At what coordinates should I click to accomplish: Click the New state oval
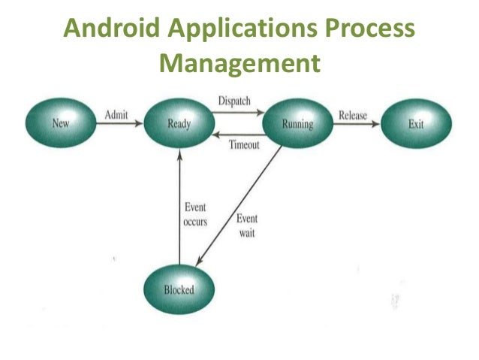(x=61, y=123)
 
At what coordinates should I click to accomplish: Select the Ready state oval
(x=179, y=123)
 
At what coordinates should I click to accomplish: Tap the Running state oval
(x=297, y=123)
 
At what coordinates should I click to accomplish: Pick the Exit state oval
(x=417, y=123)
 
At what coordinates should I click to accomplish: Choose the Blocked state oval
(x=179, y=289)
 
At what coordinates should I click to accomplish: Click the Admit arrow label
(x=116, y=114)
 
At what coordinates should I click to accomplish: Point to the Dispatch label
(x=234, y=101)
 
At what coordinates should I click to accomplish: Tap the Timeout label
(x=244, y=144)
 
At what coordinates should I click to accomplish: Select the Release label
(x=353, y=115)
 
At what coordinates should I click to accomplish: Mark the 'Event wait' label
(x=247, y=225)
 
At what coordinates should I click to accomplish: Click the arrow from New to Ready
(x=120, y=124)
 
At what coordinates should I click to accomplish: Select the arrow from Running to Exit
(x=356, y=125)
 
